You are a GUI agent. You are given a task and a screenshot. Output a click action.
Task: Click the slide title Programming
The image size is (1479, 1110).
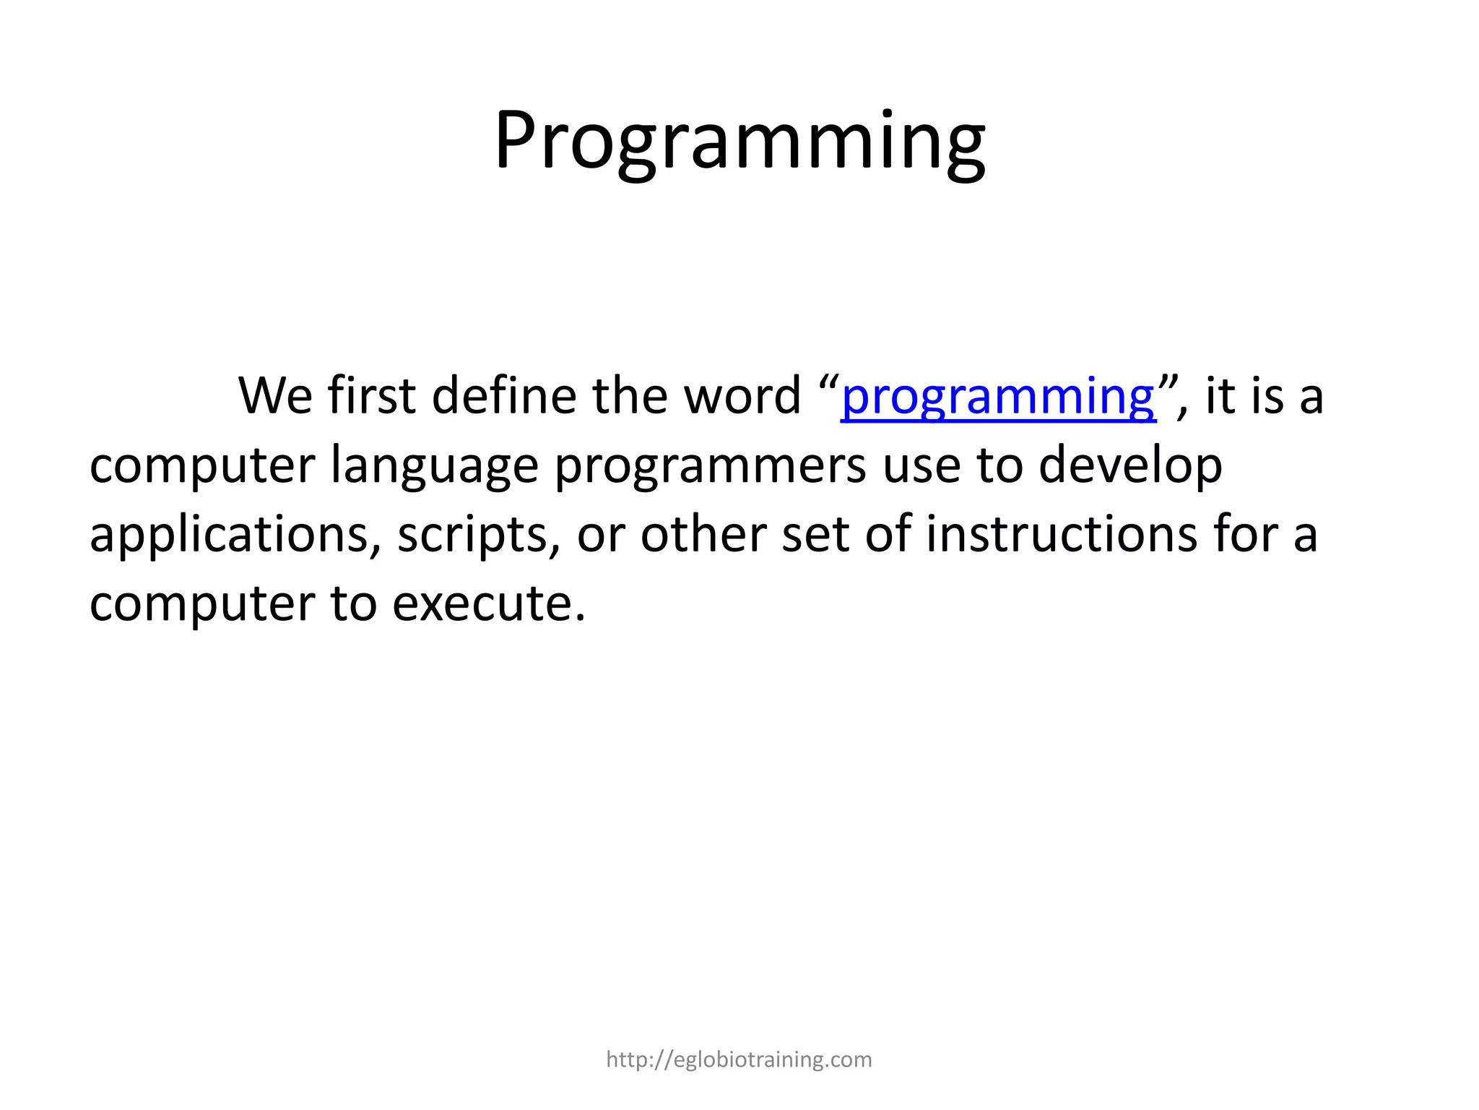point(739,141)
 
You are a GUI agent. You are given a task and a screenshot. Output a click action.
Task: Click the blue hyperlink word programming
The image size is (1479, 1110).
point(998,397)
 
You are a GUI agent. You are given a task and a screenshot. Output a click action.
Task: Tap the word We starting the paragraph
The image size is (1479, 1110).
point(275,397)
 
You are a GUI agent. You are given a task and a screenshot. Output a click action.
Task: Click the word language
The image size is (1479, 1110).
point(434,467)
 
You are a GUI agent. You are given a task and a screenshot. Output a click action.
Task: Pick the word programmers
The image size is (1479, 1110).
point(710,467)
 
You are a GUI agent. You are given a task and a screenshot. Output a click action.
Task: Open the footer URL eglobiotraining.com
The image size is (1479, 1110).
point(739,1059)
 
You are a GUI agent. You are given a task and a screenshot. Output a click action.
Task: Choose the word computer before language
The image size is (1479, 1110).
point(201,467)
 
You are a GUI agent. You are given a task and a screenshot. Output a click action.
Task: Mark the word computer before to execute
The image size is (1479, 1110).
point(201,604)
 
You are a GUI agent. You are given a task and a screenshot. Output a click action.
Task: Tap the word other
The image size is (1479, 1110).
point(703,534)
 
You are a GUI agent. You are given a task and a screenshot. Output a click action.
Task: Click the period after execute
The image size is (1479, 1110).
point(579,619)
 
